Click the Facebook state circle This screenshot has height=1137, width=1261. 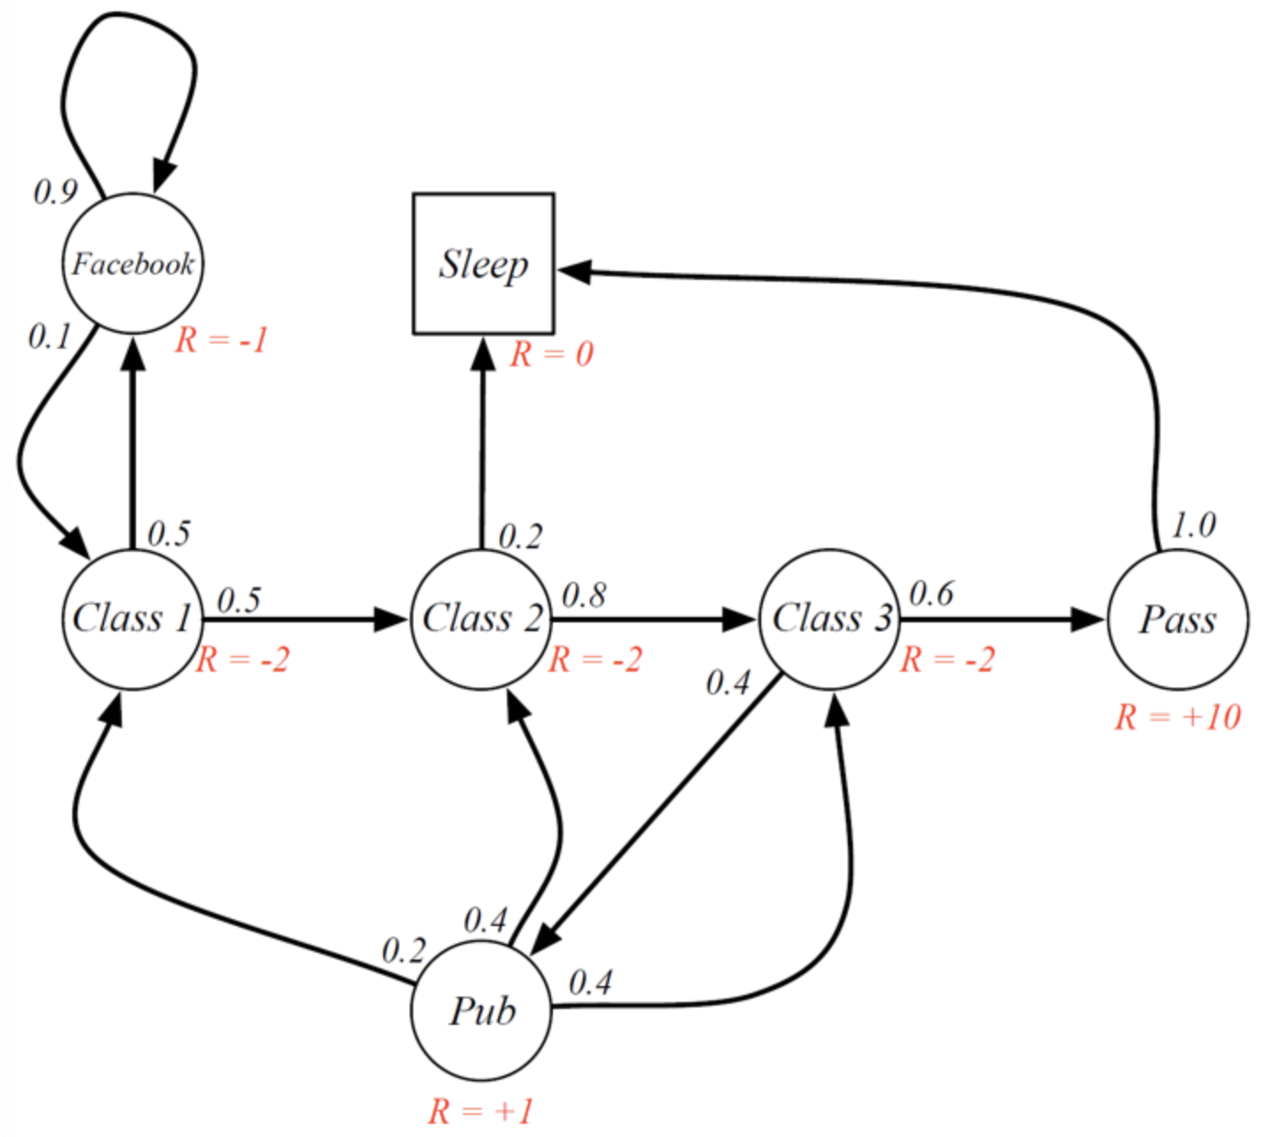tap(132, 263)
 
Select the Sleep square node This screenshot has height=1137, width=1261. tap(483, 263)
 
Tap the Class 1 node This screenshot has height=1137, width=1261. tap(132, 619)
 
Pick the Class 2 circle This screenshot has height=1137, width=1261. tap(481, 619)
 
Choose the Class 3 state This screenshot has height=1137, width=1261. tap(830, 619)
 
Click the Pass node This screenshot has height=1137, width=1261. tap(1177, 619)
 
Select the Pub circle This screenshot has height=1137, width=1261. tap(481, 1011)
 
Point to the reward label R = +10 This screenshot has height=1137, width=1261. tap(1177, 717)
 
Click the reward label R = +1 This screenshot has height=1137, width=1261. tap(481, 1111)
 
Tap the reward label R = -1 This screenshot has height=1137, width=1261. tap(221, 340)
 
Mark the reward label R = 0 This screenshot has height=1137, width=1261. tap(552, 355)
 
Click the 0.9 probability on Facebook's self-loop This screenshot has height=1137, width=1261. tap(55, 192)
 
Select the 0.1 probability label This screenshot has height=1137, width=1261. tap(49, 336)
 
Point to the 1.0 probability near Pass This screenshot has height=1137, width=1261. tap(1193, 525)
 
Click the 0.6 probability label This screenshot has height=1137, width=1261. tap(931, 594)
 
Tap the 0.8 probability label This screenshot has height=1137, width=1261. tap(584, 596)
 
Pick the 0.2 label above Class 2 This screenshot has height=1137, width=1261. tap(520, 537)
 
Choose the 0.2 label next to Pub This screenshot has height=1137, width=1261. tap(404, 951)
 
